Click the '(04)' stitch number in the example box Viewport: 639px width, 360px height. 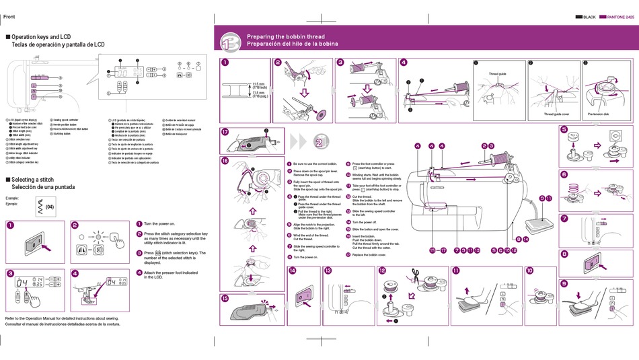(x=51, y=206)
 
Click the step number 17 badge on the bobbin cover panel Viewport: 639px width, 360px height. (x=225, y=133)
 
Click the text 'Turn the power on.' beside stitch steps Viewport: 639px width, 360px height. (x=159, y=223)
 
